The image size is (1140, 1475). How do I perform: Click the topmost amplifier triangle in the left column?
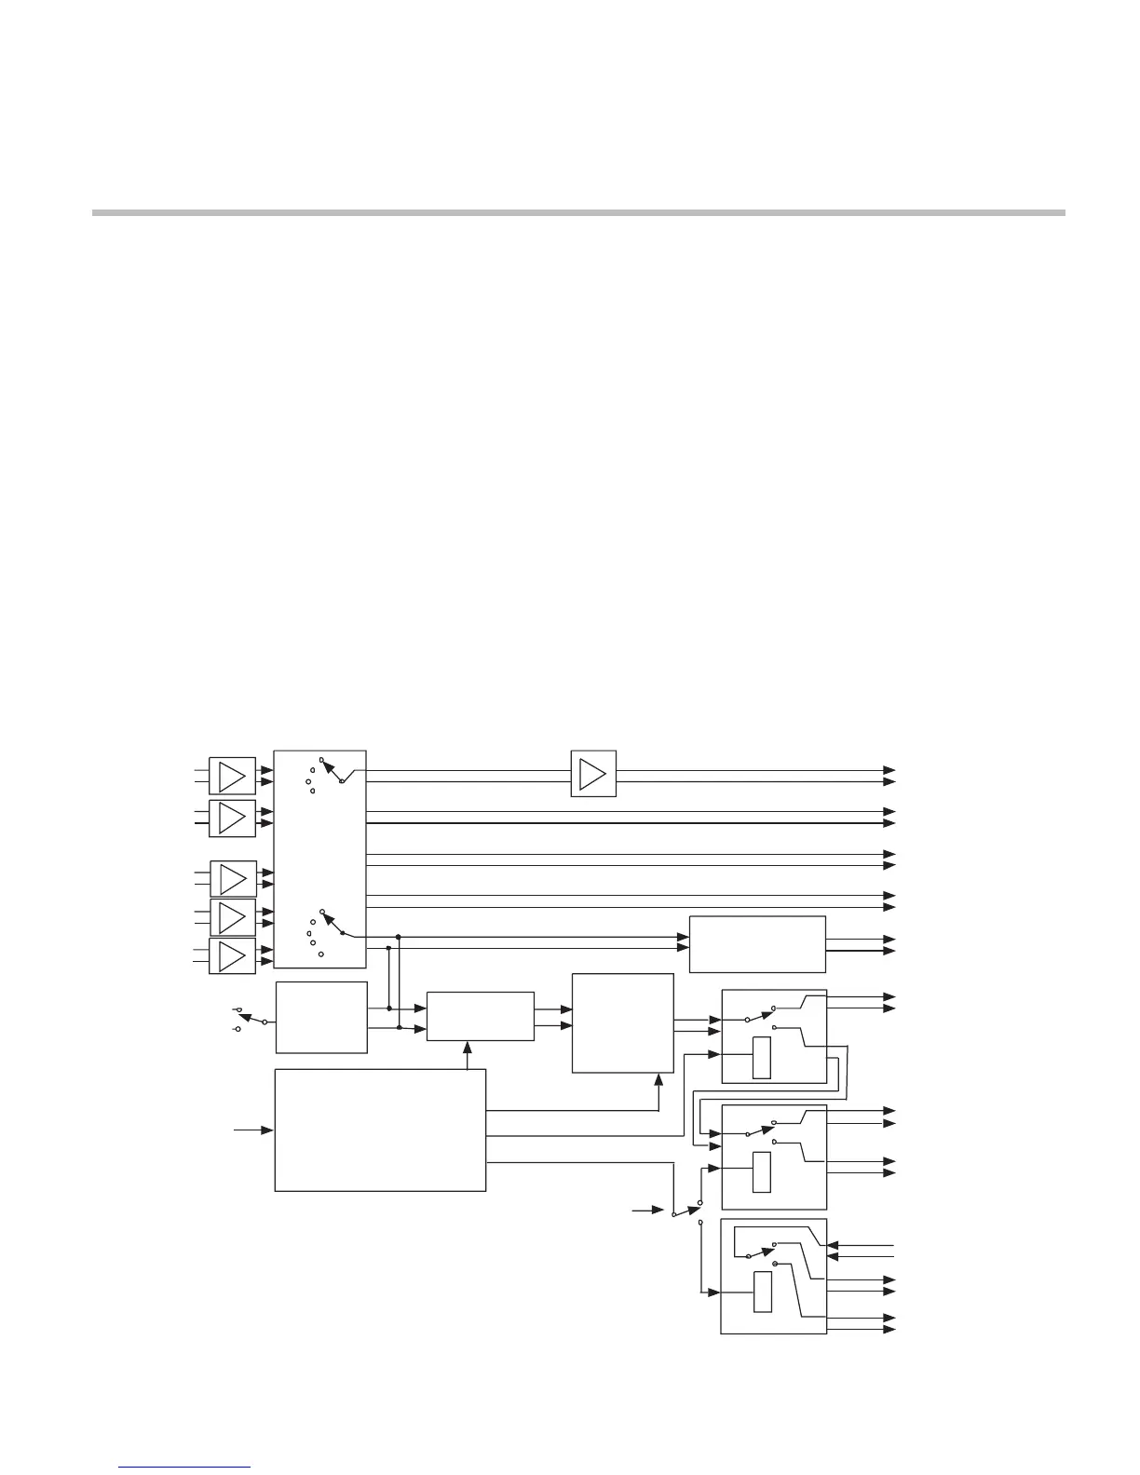click(231, 776)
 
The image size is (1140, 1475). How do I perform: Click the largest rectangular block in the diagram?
click(380, 1130)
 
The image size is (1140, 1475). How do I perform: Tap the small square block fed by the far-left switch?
click(321, 1017)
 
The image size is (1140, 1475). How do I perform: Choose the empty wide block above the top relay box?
click(757, 944)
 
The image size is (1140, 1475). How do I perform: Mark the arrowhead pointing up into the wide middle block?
click(467, 1048)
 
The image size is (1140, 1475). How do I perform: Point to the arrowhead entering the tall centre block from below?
click(659, 1079)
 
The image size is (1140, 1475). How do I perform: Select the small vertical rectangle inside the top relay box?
click(762, 1058)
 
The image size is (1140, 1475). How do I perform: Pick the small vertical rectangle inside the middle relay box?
click(762, 1171)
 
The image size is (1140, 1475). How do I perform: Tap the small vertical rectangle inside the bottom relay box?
click(762, 1291)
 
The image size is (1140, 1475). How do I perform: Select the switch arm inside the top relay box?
click(761, 1013)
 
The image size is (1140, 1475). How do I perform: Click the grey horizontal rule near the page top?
click(577, 212)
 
